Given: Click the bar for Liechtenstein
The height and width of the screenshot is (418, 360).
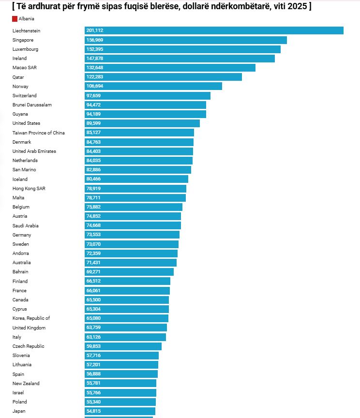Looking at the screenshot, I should coord(214,30).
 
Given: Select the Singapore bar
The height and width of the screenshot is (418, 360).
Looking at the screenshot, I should coord(185,40).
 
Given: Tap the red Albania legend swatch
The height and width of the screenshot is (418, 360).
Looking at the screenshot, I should coord(15,18).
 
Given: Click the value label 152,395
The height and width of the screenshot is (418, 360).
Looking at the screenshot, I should coord(95,49).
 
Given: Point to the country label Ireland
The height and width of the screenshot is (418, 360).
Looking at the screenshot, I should coord(20,59).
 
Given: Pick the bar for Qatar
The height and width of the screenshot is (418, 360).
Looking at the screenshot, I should coord(163,77).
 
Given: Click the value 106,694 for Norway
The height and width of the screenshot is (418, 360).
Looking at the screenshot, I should coord(95,86).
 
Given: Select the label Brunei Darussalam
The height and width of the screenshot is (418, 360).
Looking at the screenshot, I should coord(32,105).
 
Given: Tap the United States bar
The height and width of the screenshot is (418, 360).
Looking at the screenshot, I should coord(142,123).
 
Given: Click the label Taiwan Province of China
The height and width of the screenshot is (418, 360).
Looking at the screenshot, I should coord(39,133).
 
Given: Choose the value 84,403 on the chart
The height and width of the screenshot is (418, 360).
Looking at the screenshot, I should coord(94,151).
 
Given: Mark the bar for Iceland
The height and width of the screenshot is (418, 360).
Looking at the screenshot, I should coord(136,179).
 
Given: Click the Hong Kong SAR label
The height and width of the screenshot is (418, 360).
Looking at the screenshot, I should coord(29,188).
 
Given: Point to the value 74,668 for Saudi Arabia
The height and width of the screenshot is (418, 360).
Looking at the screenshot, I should coord(94,225).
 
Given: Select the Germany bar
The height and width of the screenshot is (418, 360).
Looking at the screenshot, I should coord(132,235).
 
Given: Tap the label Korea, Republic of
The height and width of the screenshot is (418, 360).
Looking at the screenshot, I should coord(31,318).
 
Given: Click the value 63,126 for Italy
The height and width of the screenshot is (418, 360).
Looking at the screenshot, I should coord(94,337).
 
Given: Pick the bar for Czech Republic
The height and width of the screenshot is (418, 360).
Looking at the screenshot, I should coord(123,346).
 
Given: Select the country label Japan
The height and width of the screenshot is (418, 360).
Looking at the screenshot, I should coord(19,411).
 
